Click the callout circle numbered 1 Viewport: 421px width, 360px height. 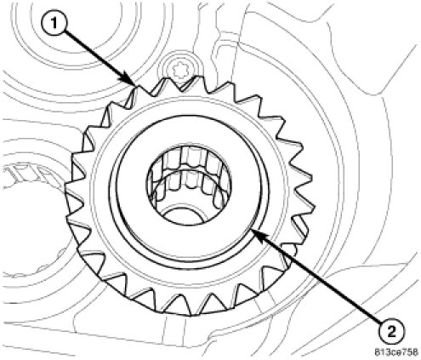(x=54, y=23)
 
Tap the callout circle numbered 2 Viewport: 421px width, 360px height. (x=391, y=332)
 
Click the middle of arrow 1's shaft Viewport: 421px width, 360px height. (x=96, y=54)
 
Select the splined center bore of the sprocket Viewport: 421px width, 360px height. (x=189, y=186)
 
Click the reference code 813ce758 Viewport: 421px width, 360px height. (x=396, y=352)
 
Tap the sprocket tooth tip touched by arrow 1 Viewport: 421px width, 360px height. (x=135, y=86)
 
